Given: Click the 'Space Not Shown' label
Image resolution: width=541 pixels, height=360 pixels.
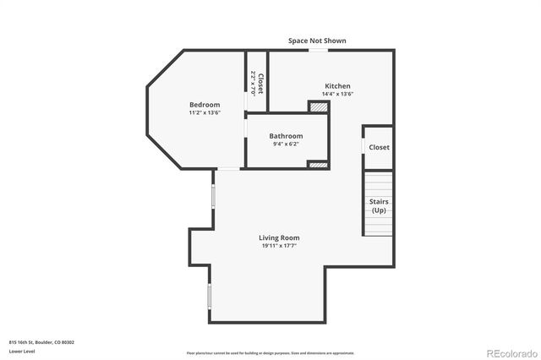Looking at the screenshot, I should coord(317,41).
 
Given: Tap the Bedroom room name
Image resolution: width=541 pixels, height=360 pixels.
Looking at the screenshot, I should coord(205,105).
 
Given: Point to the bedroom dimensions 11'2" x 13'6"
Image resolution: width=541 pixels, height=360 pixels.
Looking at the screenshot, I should coord(205,112).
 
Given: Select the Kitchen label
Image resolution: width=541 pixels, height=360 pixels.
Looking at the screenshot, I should coord(337,86).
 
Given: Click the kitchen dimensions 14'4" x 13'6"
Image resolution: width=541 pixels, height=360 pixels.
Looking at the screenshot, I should coord(337,94).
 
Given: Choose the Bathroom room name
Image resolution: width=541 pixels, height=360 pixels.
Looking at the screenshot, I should coord(286,136).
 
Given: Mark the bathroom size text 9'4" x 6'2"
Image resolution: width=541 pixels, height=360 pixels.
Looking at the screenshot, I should coord(286,144).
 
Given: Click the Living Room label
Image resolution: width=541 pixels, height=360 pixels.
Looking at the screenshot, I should coord(279,237).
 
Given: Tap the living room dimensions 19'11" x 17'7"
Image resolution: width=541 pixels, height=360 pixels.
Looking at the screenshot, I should coord(279,246).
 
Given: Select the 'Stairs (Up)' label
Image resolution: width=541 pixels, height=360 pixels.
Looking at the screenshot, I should coord(379,205).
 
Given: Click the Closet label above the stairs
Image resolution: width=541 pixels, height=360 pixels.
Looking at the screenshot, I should coord(379,147).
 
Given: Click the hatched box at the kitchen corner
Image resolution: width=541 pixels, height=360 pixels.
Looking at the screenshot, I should coord(317,106).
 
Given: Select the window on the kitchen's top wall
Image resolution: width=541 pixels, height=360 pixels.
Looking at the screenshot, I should coord(318,50).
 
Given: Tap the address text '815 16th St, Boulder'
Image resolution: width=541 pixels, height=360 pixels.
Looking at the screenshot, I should coord(41,341).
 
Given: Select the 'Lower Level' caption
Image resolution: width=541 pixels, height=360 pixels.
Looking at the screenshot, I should coord(21,350).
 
